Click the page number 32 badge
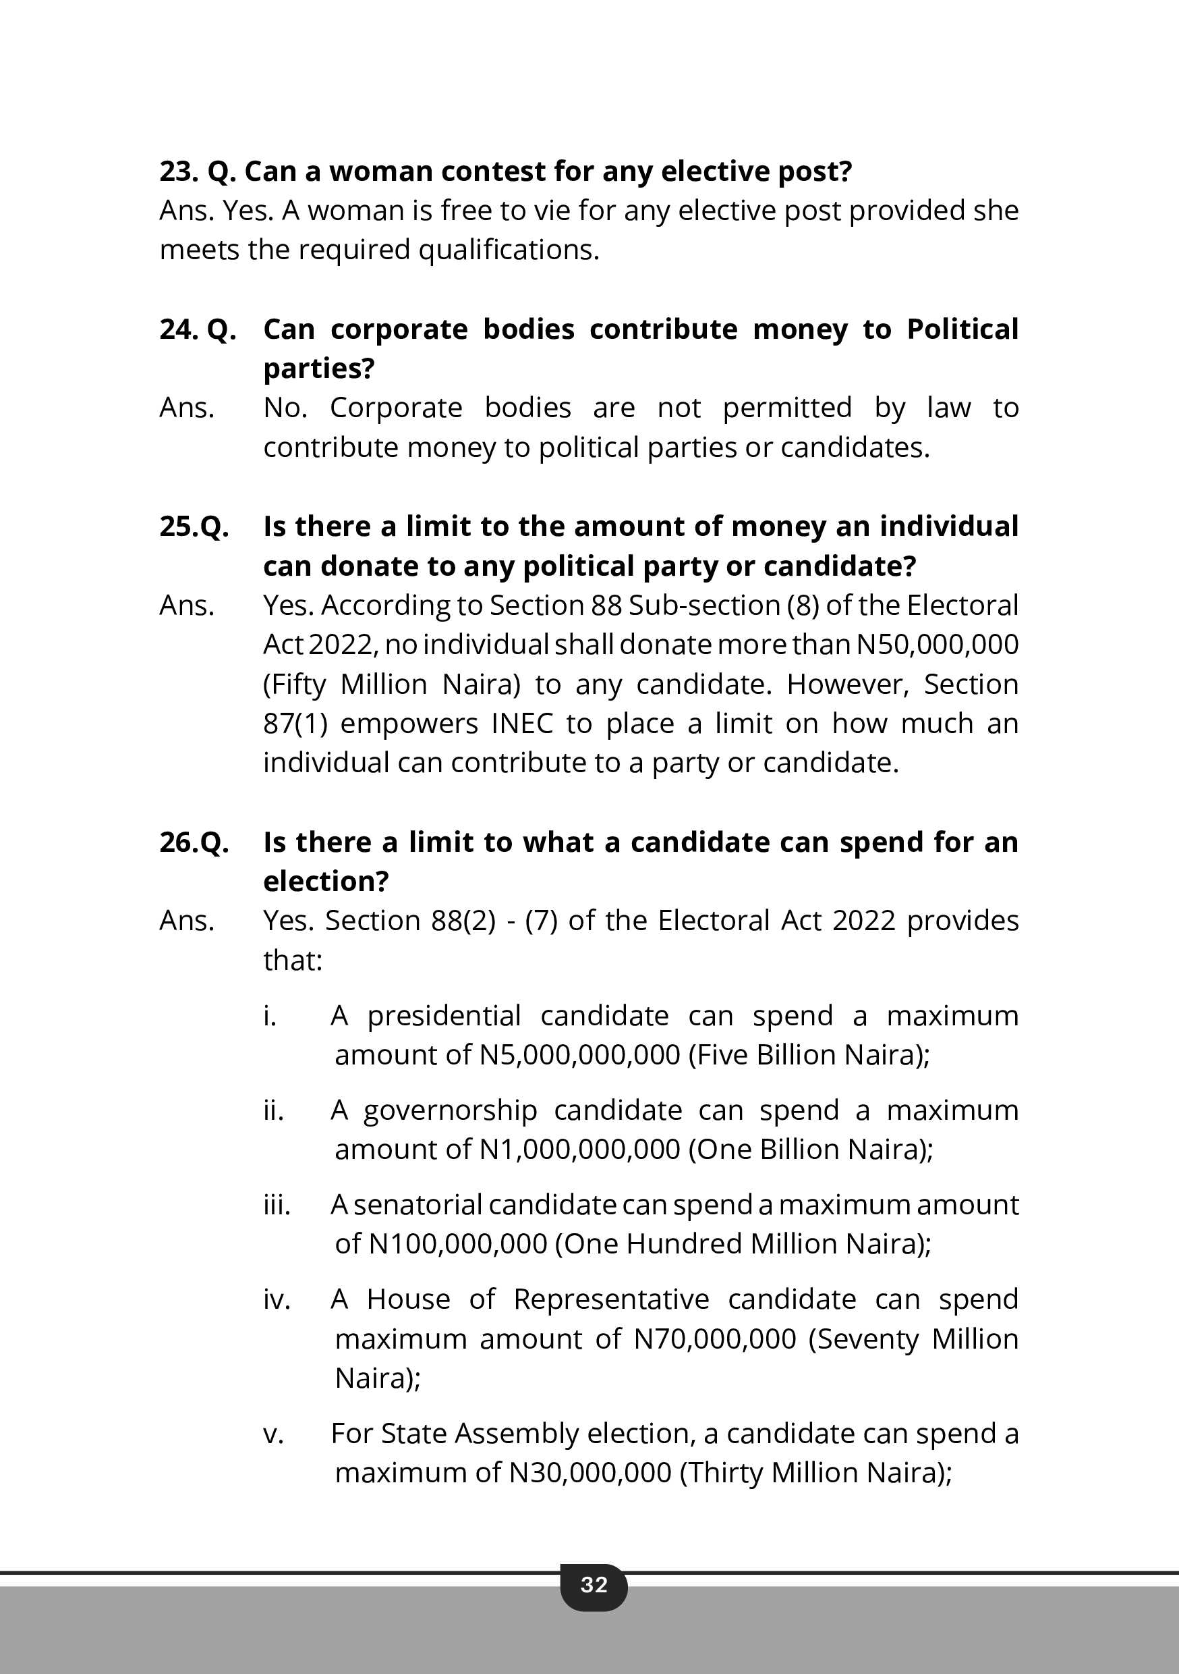(x=593, y=1584)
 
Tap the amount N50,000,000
(x=936, y=645)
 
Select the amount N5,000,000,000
(x=579, y=1054)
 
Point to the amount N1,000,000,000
(x=579, y=1149)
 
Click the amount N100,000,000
(x=457, y=1244)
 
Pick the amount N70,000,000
(x=715, y=1339)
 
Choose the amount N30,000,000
(x=589, y=1472)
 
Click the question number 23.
(x=179, y=171)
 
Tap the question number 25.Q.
(x=194, y=526)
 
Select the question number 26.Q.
(x=194, y=842)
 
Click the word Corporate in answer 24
(x=396, y=408)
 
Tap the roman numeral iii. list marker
(x=276, y=1204)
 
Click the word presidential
(x=444, y=1015)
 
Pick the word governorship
(x=450, y=1110)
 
